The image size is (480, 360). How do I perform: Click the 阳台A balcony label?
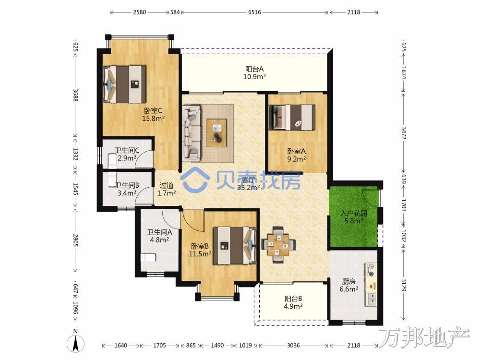[x=254, y=73]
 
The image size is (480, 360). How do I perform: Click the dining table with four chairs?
[x=278, y=245]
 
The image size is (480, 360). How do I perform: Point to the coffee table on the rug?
[x=217, y=132]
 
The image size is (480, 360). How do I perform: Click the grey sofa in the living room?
[x=192, y=133]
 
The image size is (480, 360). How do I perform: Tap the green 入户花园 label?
[x=354, y=217]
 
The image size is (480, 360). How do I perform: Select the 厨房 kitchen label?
[x=348, y=285]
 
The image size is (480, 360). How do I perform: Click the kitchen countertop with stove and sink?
[x=371, y=284]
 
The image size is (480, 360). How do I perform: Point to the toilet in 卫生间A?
[x=148, y=258]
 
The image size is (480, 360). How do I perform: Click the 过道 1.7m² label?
[x=167, y=189]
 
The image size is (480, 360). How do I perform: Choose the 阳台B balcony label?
[x=293, y=302]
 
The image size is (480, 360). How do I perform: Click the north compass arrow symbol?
[x=76, y=344]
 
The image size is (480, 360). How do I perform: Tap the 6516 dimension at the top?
[x=254, y=12]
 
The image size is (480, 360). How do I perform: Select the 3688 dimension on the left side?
[x=75, y=95]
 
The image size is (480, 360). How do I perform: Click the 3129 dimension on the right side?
[x=404, y=285]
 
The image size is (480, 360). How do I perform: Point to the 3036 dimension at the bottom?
[x=293, y=346]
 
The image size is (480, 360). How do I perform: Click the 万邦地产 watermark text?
[x=424, y=337]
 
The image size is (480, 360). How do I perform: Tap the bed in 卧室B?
[x=235, y=245]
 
